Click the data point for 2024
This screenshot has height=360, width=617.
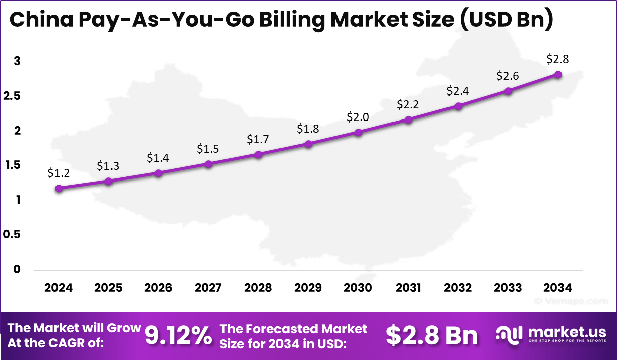tap(59, 188)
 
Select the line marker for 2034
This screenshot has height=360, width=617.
tap(558, 74)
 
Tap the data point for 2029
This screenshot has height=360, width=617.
tap(308, 144)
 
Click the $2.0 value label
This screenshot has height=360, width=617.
tap(358, 117)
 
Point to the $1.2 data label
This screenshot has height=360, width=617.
tap(59, 173)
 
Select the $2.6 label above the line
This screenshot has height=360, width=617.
tap(508, 76)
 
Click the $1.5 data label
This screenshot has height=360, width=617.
tap(208, 149)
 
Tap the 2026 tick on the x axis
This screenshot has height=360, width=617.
tap(158, 288)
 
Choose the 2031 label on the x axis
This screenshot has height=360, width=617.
tap(408, 288)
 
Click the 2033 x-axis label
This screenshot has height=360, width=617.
tap(508, 288)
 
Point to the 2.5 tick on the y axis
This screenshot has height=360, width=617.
tap(13, 96)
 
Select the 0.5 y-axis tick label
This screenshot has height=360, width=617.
tap(13, 234)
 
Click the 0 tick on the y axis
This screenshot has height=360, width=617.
tap(17, 269)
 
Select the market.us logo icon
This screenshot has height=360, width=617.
tap(509, 335)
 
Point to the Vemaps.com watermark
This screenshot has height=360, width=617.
tap(571, 301)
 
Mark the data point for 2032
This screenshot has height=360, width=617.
tap(458, 106)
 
